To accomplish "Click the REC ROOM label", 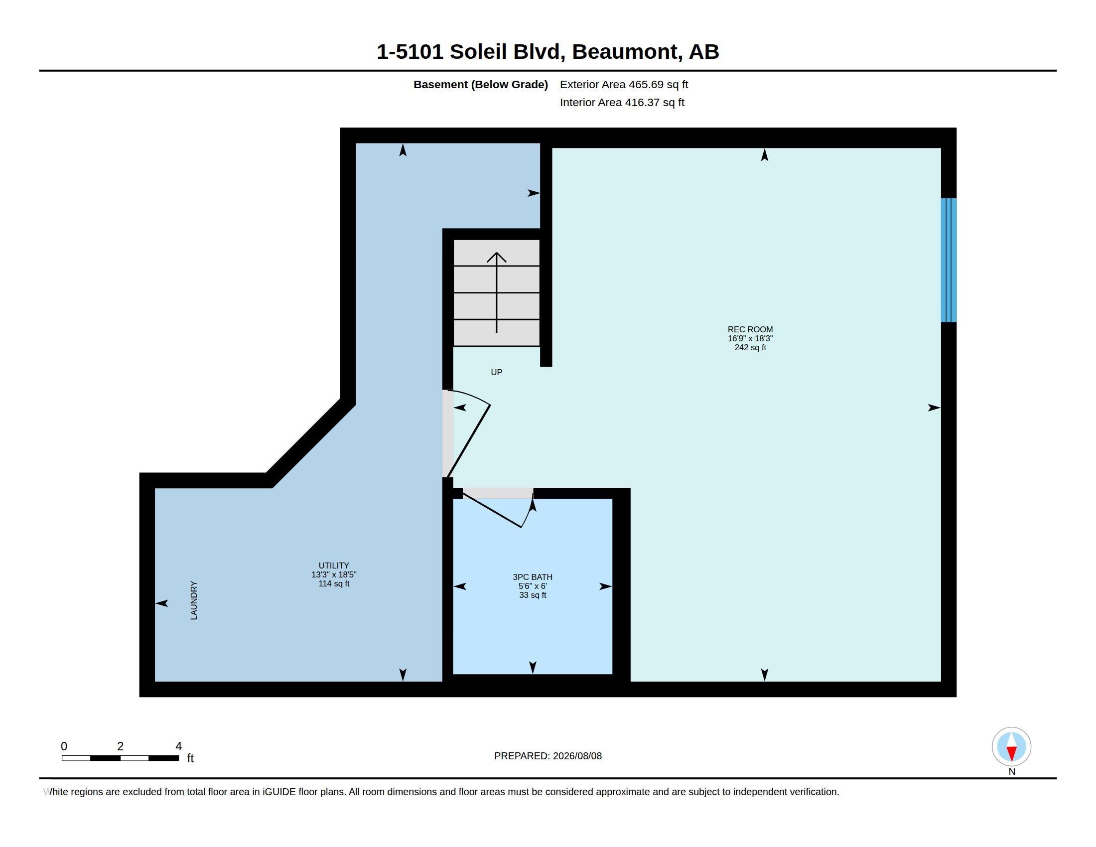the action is pos(750,330).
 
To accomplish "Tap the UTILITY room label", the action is pos(334,565).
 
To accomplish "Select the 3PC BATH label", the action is pos(533,577).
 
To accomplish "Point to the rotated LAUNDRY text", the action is pos(194,601).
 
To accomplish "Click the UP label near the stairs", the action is pos(496,372).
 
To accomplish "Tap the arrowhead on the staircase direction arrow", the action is pos(496,257).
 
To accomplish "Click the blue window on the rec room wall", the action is pos(949,260).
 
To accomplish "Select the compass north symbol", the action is pos(1011,747).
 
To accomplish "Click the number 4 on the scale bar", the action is pos(178,746).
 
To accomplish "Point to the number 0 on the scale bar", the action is pos(64,746).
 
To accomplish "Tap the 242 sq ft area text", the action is pos(750,347).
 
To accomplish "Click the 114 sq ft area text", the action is pos(334,583).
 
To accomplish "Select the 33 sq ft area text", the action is pos(533,595).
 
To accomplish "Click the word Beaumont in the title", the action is pos(627,52).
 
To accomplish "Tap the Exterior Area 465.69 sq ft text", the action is pos(624,84).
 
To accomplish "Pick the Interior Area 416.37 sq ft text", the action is pos(622,102).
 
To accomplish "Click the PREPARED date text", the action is pos(548,756).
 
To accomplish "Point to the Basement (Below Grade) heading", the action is pos(480,84).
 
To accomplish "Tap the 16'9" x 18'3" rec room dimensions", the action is pos(750,339).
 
